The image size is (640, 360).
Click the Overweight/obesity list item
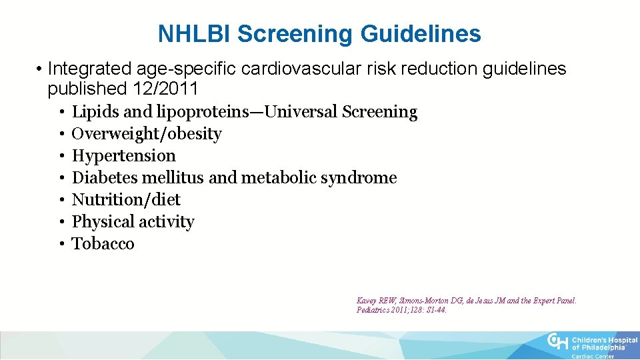[x=147, y=134]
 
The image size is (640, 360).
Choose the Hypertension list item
[x=124, y=156]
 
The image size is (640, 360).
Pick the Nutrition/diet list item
[x=126, y=200]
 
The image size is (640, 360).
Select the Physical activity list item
[x=133, y=222]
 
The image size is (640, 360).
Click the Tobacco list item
[x=103, y=244]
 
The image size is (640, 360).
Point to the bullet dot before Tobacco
[x=61, y=244]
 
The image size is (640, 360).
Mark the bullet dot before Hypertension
[x=61, y=156]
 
